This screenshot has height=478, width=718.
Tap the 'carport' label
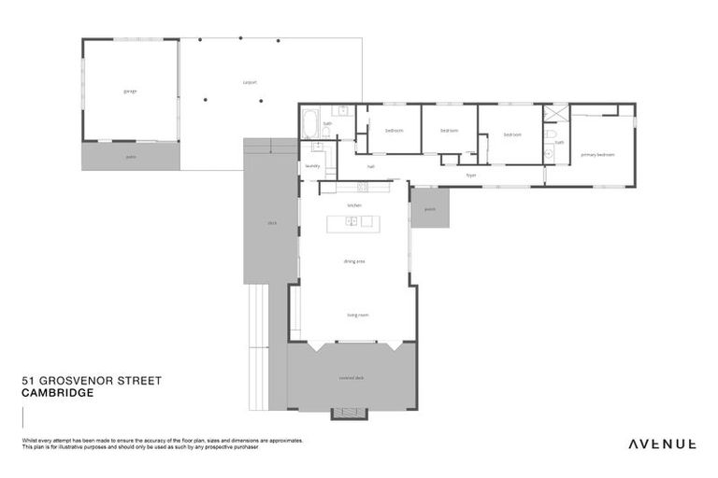click(x=250, y=82)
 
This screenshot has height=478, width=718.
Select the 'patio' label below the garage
click(x=131, y=156)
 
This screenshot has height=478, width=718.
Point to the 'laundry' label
click(x=312, y=166)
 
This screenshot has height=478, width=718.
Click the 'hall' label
click(x=370, y=166)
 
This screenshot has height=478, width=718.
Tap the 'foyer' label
click(x=471, y=175)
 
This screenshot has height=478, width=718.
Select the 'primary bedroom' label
click(x=597, y=154)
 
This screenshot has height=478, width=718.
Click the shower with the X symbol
click(x=558, y=116)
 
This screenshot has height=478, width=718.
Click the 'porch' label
click(x=430, y=209)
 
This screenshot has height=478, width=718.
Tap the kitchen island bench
click(x=353, y=222)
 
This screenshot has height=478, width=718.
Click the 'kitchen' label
click(x=354, y=204)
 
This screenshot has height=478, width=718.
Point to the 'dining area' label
click(x=354, y=261)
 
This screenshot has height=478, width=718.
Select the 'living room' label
click(x=357, y=315)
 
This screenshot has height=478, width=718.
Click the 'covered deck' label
click(x=352, y=377)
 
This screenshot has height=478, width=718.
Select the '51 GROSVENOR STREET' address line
click(x=91, y=381)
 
